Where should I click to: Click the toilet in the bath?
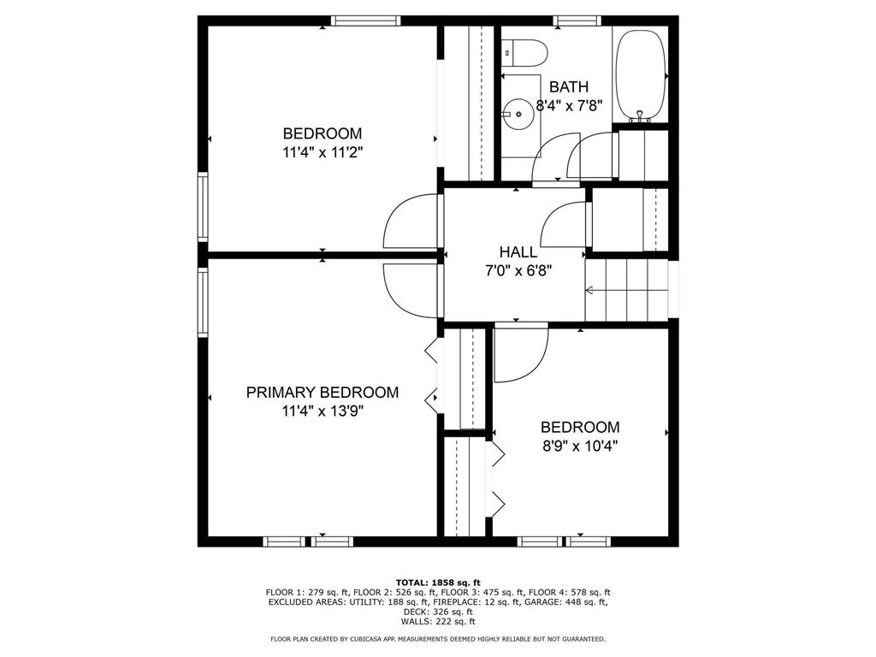click(524, 53)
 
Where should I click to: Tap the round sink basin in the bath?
click(518, 114)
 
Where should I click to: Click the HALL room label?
click(518, 252)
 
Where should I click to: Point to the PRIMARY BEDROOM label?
click(323, 392)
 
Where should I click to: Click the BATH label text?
click(569, 86)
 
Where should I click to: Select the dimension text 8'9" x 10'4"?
click(580, 446)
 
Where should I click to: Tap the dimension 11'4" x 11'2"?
click(323, 152)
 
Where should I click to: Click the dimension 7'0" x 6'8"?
click(518, 271)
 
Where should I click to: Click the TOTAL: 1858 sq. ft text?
click(438, 582)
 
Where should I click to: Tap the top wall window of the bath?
click(577, 21)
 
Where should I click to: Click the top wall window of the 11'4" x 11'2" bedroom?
click(365, 21)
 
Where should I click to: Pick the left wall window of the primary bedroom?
click(203, 302)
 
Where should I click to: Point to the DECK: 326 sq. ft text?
click(438, 612)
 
